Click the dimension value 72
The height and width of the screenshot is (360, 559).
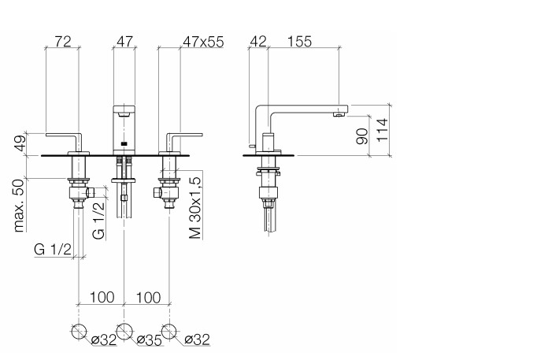click(x=63, y=42)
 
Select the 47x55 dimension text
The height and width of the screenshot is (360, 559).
click(x=203, y=42)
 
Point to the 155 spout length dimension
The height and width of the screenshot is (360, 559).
click(x=299, y=42)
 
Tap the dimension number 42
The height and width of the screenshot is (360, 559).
click(x=257, y=42)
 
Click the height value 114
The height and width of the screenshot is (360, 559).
click(x=382, y=130)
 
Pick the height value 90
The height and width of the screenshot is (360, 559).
click(x=362, y=136)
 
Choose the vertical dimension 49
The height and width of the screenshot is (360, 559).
click(x=20, y=143)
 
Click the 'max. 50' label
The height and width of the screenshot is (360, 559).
click(x=19, y=206)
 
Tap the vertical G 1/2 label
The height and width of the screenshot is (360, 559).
click(x=98, y=221)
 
